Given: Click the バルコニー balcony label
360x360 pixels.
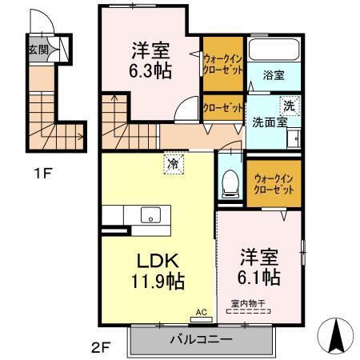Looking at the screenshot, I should click(x=201, y=339).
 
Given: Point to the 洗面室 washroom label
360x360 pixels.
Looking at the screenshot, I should click(x=265, y=123).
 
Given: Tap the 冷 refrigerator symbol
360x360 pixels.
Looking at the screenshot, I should click(x=174, y=165).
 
